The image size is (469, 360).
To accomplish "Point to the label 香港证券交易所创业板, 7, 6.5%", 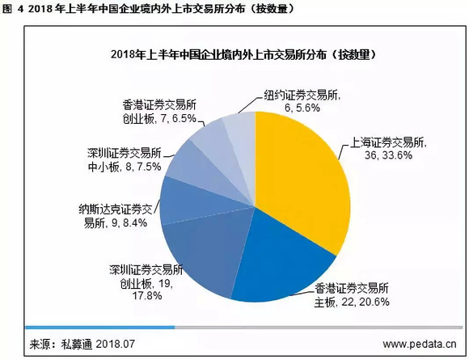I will [x=162, y=111].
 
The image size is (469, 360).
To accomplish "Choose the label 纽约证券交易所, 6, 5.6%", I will [x=300, y=99].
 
